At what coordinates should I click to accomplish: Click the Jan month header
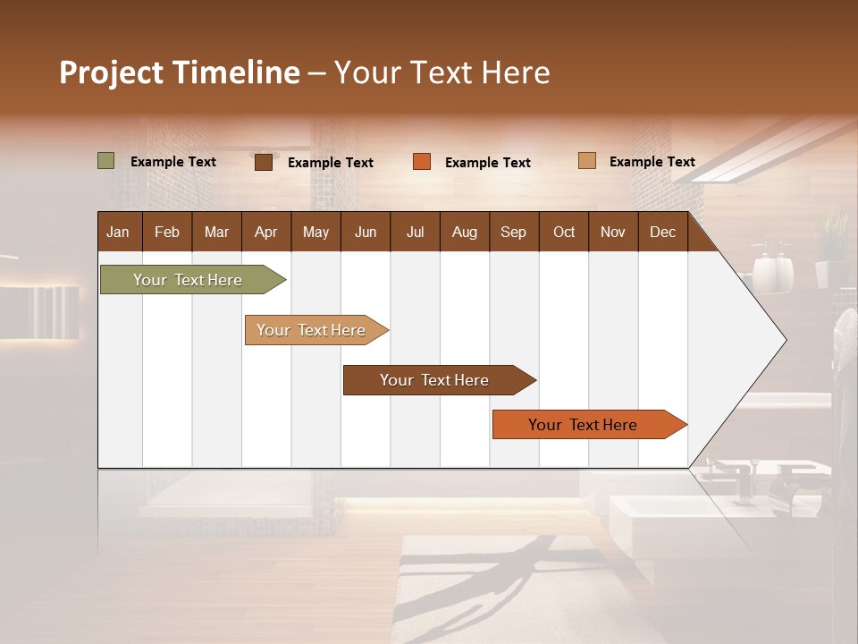pyautogui.click(x=118, y=232)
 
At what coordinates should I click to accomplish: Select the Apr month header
pyautogui.click(x=265, y=232)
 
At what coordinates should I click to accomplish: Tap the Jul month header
pyautogui.click(x=415, y=232)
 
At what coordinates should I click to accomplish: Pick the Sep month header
pyautogui.click(x=513, y=232)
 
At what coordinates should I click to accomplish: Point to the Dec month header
pyautogui.click(x=662, y=232)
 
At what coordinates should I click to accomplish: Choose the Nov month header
pyautogui.click(x=612, y=232)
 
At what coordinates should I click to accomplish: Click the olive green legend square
pyautogui.click(x=105, y=161)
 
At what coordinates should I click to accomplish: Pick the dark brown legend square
pyautogui.click(x=264, y=162)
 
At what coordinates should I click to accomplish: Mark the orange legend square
pyautogui.click(x=422, y=162)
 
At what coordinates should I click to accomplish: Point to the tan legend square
pyautogui.click(x=586, y=161)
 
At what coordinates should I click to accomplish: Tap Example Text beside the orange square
pyautogui.click(x=487, y=163)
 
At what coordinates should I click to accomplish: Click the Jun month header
pyautogui.click(x=365, y=232)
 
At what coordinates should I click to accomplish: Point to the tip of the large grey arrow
pyautogui.click(x=784, y=340)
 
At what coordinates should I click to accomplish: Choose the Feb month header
pyautogui.click(x=167, y=232)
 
